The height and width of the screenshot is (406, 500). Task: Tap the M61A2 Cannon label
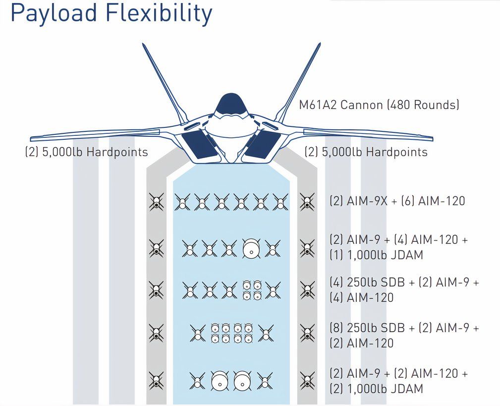[x=379, y=105]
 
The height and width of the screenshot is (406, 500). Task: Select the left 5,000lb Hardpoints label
[x=86, y=152]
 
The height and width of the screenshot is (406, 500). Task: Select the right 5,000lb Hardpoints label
[x=366, y=152]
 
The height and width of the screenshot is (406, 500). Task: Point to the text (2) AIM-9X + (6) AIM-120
[x=397, y=201]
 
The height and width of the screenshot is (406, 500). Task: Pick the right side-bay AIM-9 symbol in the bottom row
[x=307, y=381]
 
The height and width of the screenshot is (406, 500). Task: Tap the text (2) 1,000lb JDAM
[x=376, y=389]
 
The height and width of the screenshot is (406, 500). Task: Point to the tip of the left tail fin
[x=144, y=45]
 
